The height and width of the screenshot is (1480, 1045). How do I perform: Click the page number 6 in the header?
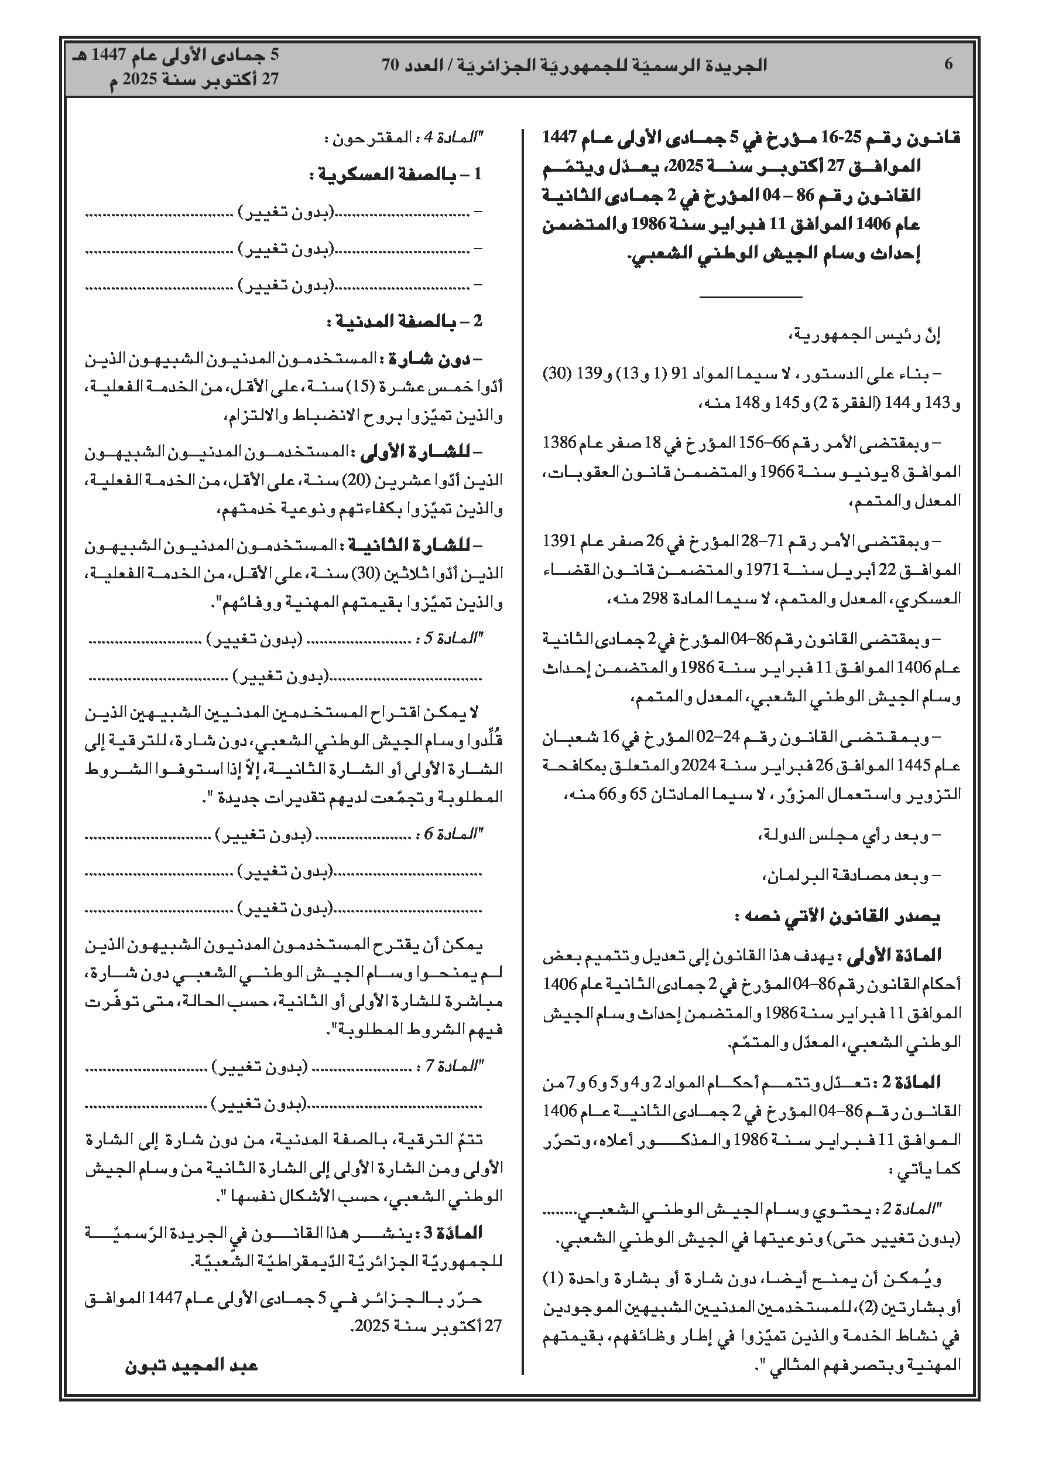(948, 64)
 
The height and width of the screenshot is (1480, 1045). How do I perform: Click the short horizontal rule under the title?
(751, 297)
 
